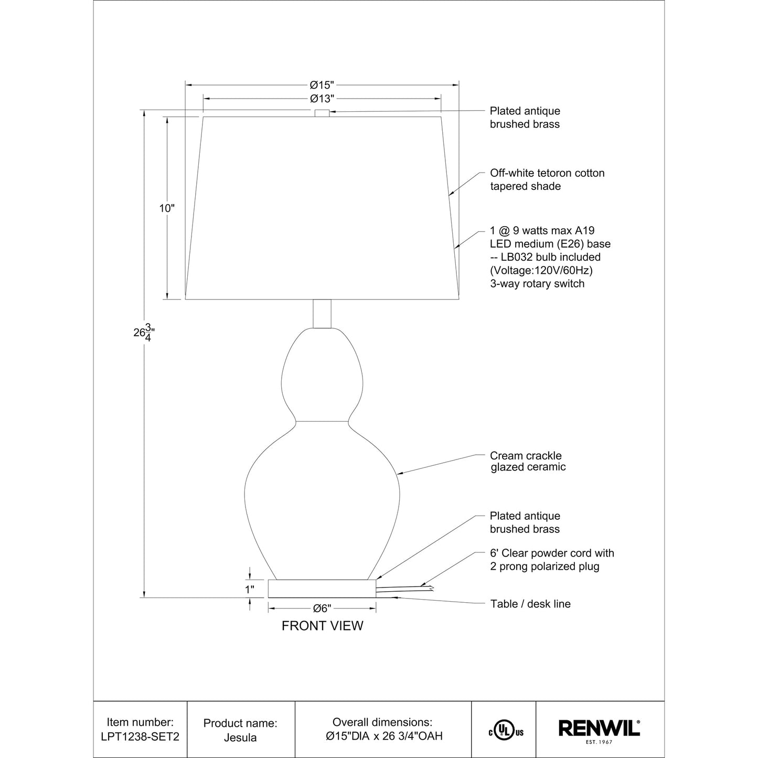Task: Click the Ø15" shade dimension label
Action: pyautogui.click(x=322, y=84)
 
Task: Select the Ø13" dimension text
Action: pyautogui.click(x=322, y=99)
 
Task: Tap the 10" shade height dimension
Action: pyautogui.click(x=167, y=208)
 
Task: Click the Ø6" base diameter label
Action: pyautogui.click(x=322, y=608)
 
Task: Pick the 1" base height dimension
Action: pyautogui.click(x=250, y=590)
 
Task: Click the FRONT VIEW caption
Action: pyautogui.click(x=322, y=626)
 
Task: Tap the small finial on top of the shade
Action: pyautogui.click(x=322, y=113)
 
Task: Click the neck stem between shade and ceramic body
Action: pyautogui.click(x=322, y=314)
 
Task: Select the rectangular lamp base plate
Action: pyautogui.click(x=322, y=589)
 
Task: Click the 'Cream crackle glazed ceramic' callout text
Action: pyautogui.click(x=528, y=461)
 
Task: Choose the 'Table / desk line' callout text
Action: pyautogui.click(x=530, y=604)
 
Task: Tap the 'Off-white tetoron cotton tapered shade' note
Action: pyautogui.click(x=547, y=179)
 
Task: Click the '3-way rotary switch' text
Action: pyautogui.click(x=537, y=284)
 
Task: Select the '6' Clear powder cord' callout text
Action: pyautogui.click(x=551, y=560)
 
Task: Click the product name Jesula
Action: pyautogui.click(x=240, y=738)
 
